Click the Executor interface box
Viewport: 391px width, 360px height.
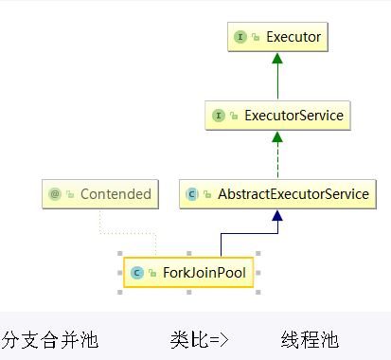coord(277,38)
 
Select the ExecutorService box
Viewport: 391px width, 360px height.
coord(277,117)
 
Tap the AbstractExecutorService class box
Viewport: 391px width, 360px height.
coord(277,193)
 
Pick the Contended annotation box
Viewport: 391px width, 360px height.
coord(99,193)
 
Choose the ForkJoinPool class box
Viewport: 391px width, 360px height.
coord(188,272)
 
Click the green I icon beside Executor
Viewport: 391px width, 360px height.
coord(241,38)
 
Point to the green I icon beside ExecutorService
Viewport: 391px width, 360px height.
coord(220,117)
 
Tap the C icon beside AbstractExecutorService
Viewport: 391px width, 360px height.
coord(192,194)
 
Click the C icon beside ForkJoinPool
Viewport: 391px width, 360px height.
coord(136,272)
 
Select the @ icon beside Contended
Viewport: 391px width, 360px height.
coord(55,194)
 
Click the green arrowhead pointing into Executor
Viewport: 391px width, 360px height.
coord(277,59)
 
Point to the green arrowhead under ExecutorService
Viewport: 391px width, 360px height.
coord(277,137)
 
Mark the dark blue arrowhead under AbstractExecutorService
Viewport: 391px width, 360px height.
coord(277,215)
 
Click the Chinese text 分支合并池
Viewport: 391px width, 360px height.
coord(49,339)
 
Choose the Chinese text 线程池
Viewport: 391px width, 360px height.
coord(310,339)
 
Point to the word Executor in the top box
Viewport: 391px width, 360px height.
coord(293,38)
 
